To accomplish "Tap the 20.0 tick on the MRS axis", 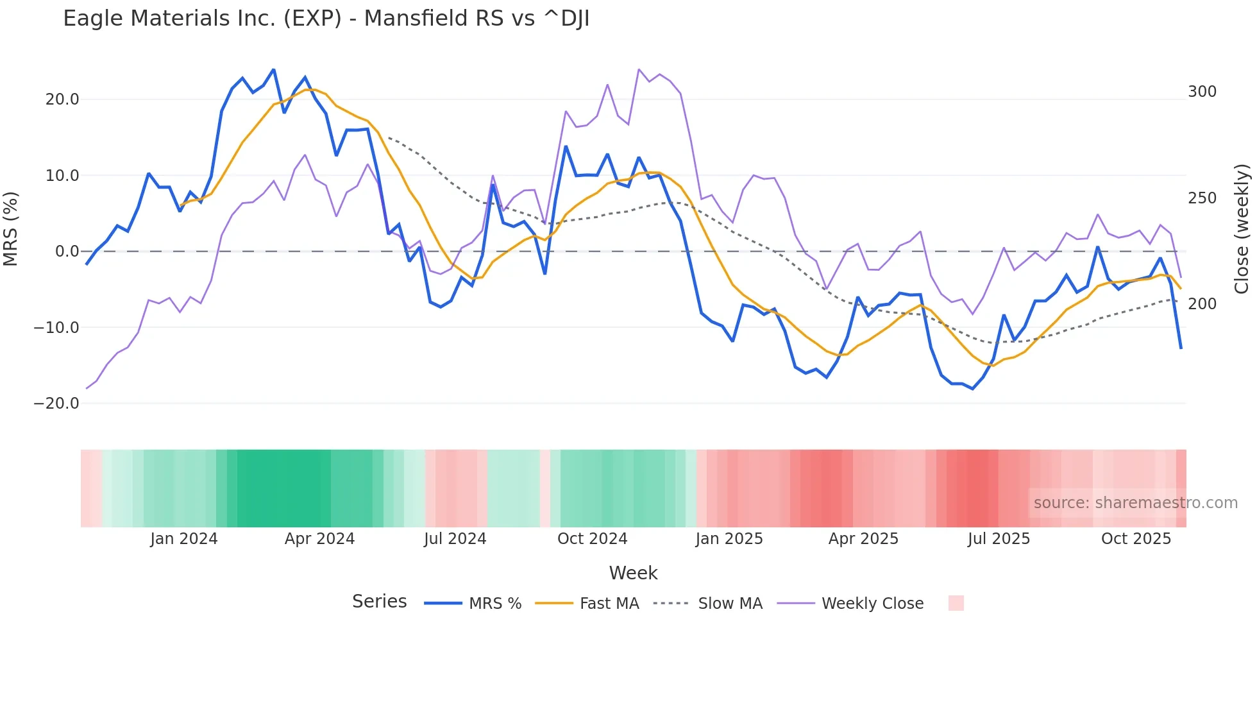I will [x=62, y=99].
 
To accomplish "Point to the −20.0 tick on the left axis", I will [x=56, y=404].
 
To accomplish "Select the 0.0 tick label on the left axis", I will [x=67, y=251].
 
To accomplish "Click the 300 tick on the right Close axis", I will [x=1202, y=92].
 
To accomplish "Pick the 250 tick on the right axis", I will [x=1202, y=198].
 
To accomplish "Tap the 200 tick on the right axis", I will [x=1202, y=304].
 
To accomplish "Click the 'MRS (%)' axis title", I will [x=11, y=228].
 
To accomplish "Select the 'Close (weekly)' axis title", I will [x=1242, y=228].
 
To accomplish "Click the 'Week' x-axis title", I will [x=633, y=573].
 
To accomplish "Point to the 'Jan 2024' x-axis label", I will [x=184, y=539].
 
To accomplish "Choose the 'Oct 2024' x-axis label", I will [x=592, y=539].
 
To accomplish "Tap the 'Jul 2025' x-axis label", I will [x=999, y=539].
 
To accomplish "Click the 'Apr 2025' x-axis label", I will [x=863, y=539].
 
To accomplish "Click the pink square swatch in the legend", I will [x=956, y=603].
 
